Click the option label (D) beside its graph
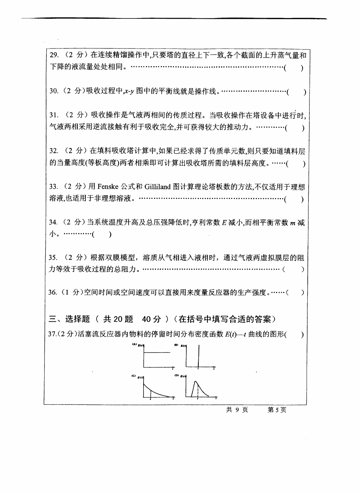coord(176,376)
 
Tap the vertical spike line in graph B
coord(198,356)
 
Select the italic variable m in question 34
coord(292,222)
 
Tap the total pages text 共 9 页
coord(237,410)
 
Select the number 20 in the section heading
coord(118,319)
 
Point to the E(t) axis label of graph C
coord(140,378)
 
